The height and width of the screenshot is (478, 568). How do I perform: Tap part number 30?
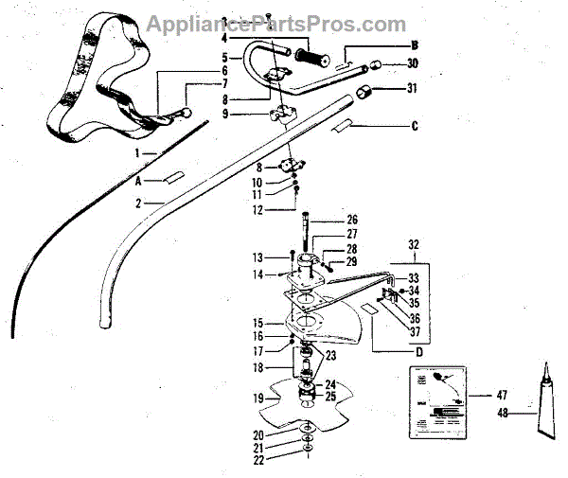(x=412, y=64)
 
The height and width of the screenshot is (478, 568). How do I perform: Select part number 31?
(x=412, y=91)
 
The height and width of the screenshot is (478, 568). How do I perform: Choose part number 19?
(x=257, y=399)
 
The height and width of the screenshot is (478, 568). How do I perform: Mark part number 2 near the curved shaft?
(x=138, y=203)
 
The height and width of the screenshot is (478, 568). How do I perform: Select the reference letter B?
(x=413, y=44)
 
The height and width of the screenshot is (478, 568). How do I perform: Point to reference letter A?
(x=140, y=177)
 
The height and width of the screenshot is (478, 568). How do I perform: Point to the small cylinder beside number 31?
(x=367, y=93)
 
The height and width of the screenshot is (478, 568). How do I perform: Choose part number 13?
(x=257, y=257)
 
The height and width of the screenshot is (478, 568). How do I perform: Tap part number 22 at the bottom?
(x=257, y=460)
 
